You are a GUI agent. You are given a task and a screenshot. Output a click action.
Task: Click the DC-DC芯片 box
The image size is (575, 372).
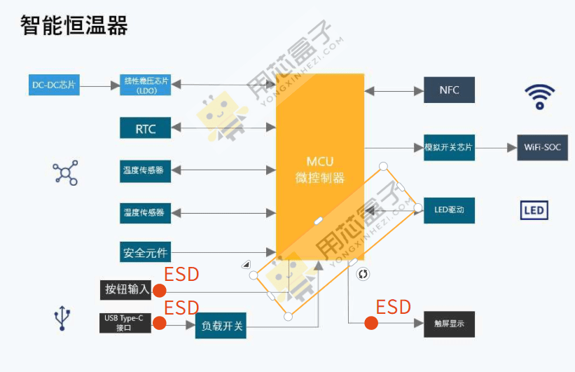[x=53, y=85]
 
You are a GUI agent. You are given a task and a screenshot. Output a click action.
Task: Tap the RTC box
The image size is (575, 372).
[x=146, y=128]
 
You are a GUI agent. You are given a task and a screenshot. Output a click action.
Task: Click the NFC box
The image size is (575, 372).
[x=449, y=90]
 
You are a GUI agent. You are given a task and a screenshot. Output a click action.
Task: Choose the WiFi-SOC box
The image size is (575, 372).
[x=542, y=148]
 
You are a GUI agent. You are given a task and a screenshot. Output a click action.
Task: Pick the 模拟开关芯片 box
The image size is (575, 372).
[x=449, y=148]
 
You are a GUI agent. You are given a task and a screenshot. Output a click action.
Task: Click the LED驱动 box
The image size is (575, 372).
[x=449, y=209]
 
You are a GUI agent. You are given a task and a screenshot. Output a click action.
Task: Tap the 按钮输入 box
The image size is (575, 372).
[x=125, y=289]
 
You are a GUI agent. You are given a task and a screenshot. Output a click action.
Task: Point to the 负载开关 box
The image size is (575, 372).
[x=221, y=326]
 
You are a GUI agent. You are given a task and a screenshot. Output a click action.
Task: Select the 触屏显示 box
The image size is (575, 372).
[x=449, y=324]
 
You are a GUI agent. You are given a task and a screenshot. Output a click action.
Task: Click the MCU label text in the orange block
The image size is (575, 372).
[x=320, y=162]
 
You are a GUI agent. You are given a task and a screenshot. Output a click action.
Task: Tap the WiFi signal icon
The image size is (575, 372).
[x=540, y=96]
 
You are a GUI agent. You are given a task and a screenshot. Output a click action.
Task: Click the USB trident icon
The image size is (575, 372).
[x=63, y=319]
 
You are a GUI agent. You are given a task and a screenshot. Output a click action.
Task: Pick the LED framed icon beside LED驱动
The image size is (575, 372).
[x=534, y=210]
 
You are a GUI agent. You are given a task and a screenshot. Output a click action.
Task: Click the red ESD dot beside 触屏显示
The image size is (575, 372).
[x=371, y=323]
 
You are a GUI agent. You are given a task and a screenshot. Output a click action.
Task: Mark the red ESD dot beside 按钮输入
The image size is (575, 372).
[x=160, y=290]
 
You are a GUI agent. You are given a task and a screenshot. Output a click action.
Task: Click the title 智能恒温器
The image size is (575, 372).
[x=74, y=26]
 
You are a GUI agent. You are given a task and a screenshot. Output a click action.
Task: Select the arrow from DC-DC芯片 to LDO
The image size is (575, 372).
[x=98, y=86]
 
